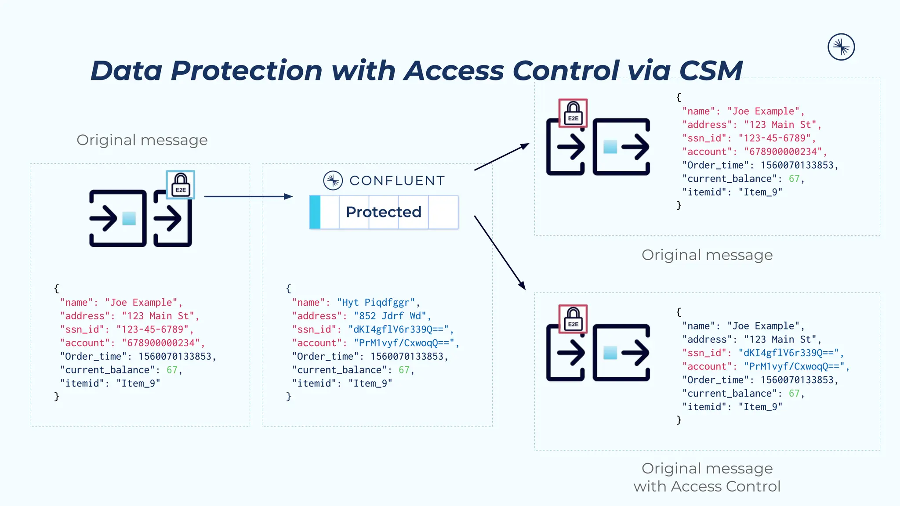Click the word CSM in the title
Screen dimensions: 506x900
click(711, 71)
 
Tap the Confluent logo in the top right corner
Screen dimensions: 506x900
click(841, 47)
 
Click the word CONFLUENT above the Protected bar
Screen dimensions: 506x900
click(397, 181)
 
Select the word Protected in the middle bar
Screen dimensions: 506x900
click(383, 212)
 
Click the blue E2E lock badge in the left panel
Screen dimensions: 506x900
click(180, 185)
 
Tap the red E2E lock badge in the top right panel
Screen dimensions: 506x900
click(573, 113)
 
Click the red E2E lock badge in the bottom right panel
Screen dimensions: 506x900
click(573, 319)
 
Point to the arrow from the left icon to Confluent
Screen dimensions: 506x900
click(248, 196)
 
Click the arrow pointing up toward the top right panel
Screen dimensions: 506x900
click(502, 157)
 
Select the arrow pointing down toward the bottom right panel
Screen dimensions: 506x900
click(500, 253)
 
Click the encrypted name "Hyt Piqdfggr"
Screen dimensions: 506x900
click(376, 303)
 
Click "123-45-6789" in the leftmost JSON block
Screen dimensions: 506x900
click(152, 330)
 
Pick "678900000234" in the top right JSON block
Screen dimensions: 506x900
click(783, 152)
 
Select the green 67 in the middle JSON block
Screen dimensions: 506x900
click(403, 370)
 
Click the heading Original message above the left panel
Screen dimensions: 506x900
click(142, 140)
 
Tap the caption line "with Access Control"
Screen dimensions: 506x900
click(707, 487)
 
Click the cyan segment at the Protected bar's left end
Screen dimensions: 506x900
click(315, 212)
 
